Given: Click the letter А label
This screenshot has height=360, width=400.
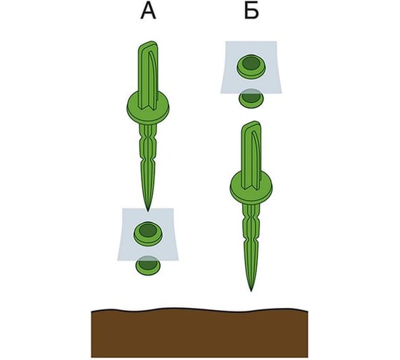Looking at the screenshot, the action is (149, 12).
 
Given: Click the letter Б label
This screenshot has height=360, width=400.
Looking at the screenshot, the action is (251, 11).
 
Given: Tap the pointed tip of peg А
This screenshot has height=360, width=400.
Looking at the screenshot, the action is (148, 211).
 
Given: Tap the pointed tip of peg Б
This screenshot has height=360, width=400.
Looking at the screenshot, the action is (251, 290).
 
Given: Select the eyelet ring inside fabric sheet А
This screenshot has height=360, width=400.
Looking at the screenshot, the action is (149, 234).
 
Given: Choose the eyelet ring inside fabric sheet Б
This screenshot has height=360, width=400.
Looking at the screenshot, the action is (251, 67).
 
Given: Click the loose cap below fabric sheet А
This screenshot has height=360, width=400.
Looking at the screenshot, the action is (149, 265).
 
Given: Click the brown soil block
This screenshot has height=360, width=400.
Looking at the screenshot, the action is (199, 333).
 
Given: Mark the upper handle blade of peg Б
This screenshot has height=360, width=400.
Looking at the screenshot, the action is (251, 155).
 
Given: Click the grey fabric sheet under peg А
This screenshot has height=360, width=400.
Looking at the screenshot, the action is (148, 234).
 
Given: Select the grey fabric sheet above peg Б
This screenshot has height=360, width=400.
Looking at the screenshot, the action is (251, 67).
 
